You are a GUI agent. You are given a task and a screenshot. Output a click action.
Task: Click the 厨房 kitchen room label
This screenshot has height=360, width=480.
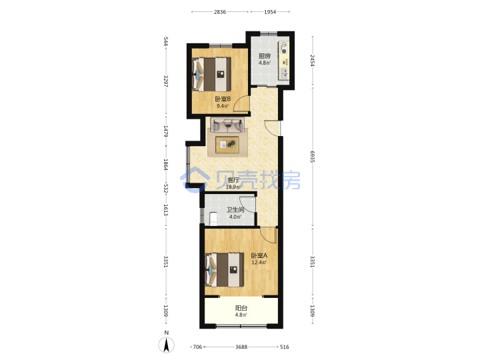[265, 56]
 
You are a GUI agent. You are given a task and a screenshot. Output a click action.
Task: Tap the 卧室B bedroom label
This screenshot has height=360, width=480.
[223, 99]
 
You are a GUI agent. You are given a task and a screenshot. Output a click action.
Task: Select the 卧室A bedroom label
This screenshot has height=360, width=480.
[259, 255]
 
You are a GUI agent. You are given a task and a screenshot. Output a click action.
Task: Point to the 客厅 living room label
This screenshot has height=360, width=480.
[233, 180]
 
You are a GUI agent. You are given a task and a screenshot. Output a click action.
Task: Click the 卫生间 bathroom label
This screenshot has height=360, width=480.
[235, 210]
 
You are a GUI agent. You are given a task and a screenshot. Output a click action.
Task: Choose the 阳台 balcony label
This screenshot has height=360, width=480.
[241, 308]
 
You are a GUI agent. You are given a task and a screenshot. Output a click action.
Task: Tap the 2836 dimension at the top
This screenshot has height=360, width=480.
[220, 12]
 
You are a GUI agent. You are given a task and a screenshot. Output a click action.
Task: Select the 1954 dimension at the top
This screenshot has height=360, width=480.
[270, 12]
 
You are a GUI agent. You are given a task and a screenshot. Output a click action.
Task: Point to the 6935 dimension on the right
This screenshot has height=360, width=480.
[312, 157]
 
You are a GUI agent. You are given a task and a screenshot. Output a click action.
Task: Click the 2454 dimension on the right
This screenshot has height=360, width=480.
[312, 60]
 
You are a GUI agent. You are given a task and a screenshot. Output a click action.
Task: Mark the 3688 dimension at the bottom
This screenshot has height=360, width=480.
[241, 347]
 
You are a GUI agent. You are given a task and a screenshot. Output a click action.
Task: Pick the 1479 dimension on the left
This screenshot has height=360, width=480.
[165, 131]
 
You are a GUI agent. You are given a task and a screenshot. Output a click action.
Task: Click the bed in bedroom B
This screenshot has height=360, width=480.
[211, 75]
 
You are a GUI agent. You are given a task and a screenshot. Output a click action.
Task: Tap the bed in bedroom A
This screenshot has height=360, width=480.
[225, 270]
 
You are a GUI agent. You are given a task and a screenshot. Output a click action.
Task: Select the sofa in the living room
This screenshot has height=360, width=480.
[227, 125]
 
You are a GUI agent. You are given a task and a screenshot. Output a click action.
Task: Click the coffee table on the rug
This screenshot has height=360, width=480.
[227, 145]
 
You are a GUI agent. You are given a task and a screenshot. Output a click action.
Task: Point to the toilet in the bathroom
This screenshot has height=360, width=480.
[213, 218]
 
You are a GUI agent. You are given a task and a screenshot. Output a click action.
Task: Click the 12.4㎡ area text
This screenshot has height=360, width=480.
[259, 263]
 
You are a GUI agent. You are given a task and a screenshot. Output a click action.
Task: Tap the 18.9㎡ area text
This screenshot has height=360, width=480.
[233, 187]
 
